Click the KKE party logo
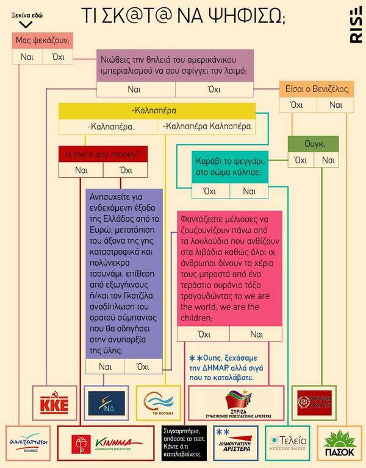tap(52, 403)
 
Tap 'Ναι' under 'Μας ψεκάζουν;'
tap(27, 58)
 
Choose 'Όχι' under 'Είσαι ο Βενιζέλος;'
tap(297, 105)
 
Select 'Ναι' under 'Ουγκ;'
tap(328, 160)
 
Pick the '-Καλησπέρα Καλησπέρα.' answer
tap(206, 127)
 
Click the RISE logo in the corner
tap(355, 27)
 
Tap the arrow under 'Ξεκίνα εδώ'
tap(26, 24)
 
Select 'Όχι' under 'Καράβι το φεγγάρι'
tap(210, 191)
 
